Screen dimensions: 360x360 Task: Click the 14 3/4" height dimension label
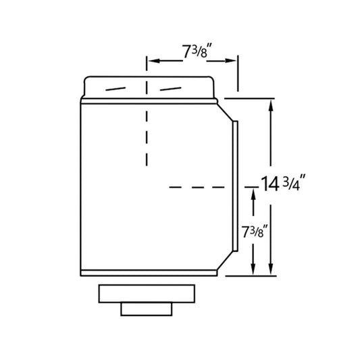tap(283, 183)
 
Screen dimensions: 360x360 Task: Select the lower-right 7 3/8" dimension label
tap(255, 232)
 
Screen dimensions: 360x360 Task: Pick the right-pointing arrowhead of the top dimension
tap(230, 61)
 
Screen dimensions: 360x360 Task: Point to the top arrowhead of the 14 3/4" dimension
tap(271, 105)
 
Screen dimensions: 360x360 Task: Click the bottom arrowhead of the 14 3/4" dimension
tap(271, 269)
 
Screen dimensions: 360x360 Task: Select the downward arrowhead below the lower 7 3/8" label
tap(253, 269)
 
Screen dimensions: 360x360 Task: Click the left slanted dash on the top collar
tap(115, 89)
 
